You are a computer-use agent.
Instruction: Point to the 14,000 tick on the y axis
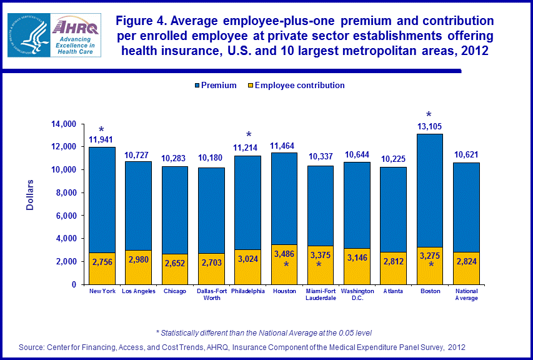(66, 124)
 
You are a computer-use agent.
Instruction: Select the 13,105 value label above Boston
(429, 126)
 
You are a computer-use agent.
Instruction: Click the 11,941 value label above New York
(101, 139)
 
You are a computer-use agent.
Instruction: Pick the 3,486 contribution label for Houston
(285, 254)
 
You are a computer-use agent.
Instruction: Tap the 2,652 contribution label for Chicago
(175, 263)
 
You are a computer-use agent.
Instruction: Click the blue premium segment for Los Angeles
(139, 206)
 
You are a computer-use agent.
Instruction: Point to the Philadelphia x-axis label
(248, 291)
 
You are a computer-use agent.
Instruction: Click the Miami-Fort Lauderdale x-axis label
(321, 294)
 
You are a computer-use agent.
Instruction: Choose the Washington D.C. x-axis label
(357, 294)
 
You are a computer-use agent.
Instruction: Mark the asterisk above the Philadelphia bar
(249, 136)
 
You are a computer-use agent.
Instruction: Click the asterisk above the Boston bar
(429, 115)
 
